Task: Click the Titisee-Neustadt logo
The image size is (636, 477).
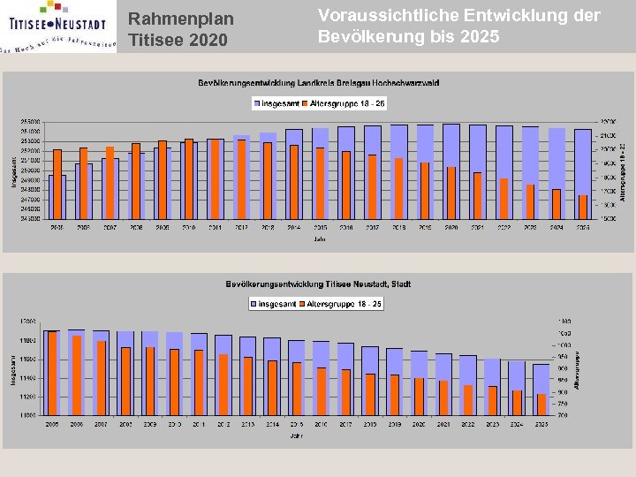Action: [57, 26]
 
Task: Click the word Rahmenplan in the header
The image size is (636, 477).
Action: [181, 19]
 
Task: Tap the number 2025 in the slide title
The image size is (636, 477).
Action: [479, 37]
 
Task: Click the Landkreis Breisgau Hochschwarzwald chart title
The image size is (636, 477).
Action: [318, 83]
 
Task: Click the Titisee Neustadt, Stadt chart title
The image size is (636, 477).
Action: [318, 284]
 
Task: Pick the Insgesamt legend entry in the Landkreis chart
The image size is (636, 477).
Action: [276, 103]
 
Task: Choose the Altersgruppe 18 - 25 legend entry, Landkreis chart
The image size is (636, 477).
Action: [344, 103]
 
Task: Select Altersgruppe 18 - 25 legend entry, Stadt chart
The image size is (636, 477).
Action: [343, 304]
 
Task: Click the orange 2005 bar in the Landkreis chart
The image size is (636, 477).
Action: [57, 184]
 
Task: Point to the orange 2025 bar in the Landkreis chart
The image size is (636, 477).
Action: [583, 207]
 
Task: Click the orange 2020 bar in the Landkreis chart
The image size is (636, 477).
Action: [451, 193]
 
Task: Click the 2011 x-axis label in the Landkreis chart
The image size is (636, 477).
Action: [214, 227]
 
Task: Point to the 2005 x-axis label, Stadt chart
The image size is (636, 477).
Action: [53, 424]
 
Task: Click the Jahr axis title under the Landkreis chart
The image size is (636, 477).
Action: [319, 238]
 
